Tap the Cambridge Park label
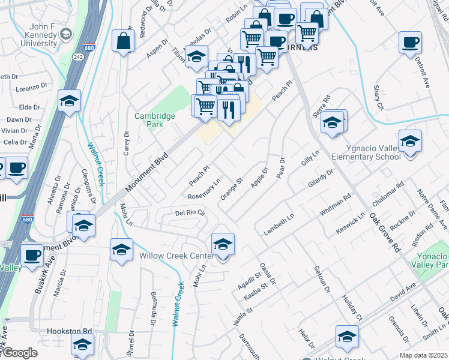point(154,120)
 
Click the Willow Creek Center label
point(176,255)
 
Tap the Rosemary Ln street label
point(205,188)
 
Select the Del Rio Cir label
point(190,213)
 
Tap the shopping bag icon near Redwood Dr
point(124,41)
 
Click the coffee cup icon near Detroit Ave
point(410,43)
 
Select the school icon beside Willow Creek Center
point(223,244)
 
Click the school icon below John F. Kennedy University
point(70,101)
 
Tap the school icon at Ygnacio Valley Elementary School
point(411,142)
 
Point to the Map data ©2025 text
point(423,355)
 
